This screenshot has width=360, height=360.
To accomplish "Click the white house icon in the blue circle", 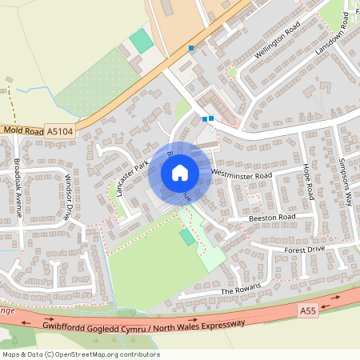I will (x=180, y=172).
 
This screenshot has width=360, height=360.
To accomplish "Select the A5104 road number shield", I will (x=59, y=130).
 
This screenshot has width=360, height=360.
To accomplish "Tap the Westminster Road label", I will (x=242, y=174).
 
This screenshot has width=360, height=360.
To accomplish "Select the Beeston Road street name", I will (x=273, y=217).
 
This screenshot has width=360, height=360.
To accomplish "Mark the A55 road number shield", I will (x=309, y=310).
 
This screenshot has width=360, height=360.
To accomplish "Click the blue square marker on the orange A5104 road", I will (x=191, y=49).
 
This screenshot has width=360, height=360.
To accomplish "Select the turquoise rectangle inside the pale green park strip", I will (x=187, y=237).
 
